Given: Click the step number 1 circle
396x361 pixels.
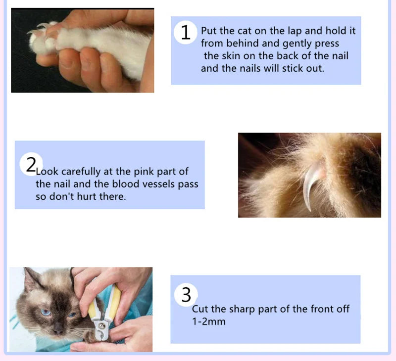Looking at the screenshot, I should (186, 32).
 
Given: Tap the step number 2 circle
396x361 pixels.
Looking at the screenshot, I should (31, 164).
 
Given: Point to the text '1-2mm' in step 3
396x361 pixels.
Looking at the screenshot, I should (208, 321).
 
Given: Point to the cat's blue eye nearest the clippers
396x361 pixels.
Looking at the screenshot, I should (72, 314).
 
